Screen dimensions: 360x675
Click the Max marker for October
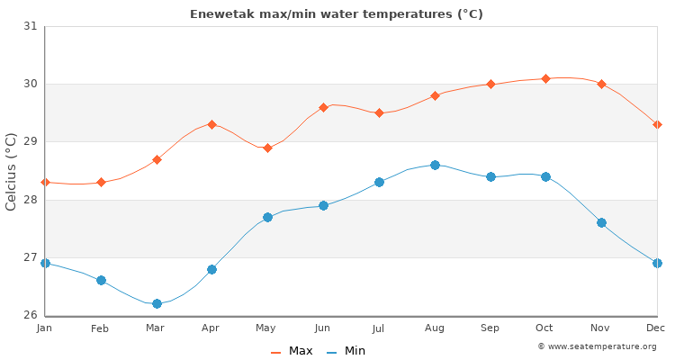tap(545, 79)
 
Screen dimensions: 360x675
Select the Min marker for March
tap(157, 303)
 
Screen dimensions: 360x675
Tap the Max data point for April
tap(211, 124)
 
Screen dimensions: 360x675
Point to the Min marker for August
tap(435, 165)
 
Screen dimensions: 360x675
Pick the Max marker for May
tap(267, 148)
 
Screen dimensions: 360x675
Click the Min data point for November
tap(601, 222)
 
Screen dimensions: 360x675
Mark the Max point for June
tap(323, 107)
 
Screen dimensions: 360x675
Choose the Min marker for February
tap(101, 280)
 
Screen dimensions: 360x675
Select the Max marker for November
tap(601, 84)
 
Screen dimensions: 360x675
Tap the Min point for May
tap(267, 217)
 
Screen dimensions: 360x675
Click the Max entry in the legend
tap(292, 351)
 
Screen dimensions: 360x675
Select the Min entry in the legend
tap(346, 351)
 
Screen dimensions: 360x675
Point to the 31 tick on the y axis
tap(31, 26)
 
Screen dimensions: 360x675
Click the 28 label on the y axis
tap(31, 200)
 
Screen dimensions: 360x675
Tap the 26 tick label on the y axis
tap(31, 315)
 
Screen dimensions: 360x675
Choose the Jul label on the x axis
tap(379, 328)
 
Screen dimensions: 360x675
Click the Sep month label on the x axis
tap(490, 328)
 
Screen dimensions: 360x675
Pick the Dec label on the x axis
tap(657, 328)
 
